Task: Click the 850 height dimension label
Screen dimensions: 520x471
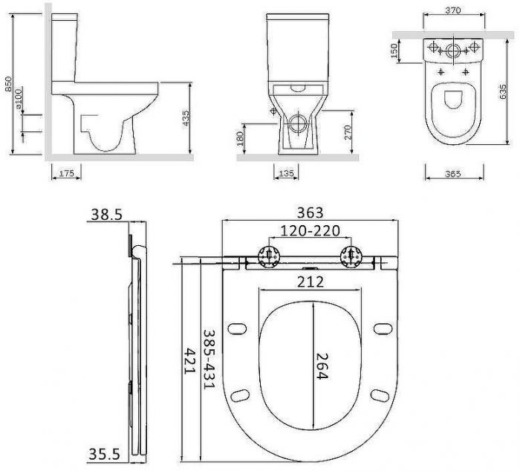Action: click(8, 84)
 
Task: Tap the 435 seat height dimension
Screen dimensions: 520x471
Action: click(186, 118)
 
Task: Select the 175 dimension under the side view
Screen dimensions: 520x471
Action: click(66, 173)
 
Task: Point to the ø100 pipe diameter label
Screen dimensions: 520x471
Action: click(18, 99)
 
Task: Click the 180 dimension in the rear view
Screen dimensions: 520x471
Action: click(239, 138)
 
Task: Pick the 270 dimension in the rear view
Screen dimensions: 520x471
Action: click(348, 131)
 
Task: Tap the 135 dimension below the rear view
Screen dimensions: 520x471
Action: click(286, 173)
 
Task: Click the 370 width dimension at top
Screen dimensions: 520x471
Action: click(453, 10)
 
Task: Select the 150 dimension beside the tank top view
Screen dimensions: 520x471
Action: click(394, 51)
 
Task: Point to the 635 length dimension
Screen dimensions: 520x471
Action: click(503, 91)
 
